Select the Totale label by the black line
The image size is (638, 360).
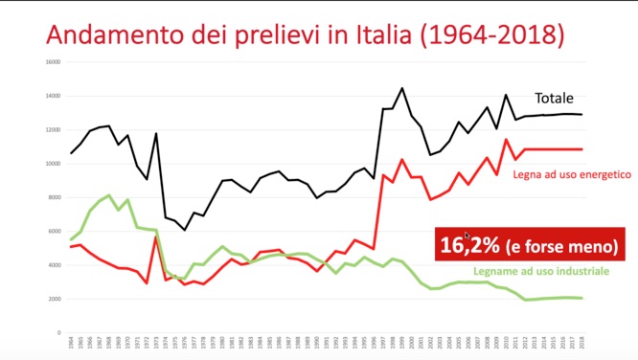pyautogui.click(x=557, y=98)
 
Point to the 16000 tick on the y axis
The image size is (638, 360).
pyautogui.click(x=53, y=62)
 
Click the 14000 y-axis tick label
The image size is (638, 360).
pyautogui.click(x=53, y=96)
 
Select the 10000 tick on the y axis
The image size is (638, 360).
pyautogui.click(x=53, y=164)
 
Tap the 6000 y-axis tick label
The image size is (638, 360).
pyautogui.click(x=54, y=231)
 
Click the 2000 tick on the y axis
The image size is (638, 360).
pyautogui.click(x=54, y=299)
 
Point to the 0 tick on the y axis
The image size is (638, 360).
pyautogui.click(x=59, y=332)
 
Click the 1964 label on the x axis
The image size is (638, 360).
pyautogui.click(x=71, y=342)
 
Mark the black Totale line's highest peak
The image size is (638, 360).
pyautogui.click(x=401, y=88)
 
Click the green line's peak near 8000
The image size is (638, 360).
pyautogui.click(x=109, y=195)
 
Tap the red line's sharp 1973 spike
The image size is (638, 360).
pyautogui.click(x=156, y=237)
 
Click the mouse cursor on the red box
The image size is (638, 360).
pyautogui.click(x=467, y=235)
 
